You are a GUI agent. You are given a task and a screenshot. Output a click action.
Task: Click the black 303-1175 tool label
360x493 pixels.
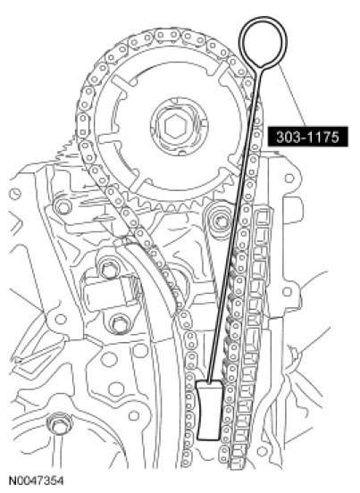pyautogui.click(x=308, y=137)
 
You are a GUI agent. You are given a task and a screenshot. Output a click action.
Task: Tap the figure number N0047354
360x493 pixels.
pyautogui.click(x=36, y=480)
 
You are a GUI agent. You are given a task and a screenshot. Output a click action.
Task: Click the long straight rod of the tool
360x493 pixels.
pyautogui.click(x=234, y=224)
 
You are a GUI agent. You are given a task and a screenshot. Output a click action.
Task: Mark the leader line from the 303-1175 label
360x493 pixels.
pyautogui.click(x=292, y=96)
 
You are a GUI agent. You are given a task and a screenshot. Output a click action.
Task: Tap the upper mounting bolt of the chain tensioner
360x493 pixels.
pyautogui.click(x=109, y=270)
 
